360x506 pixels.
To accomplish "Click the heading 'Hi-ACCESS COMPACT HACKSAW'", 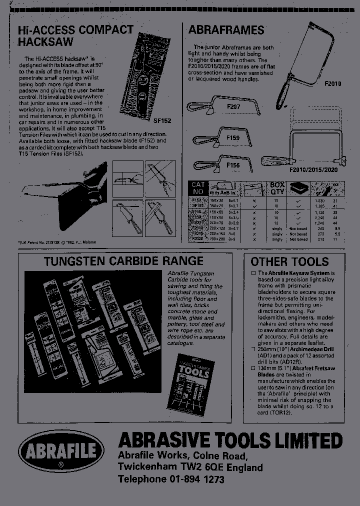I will (x=75, y=36).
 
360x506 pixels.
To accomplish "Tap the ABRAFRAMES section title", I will (x=226, y=30).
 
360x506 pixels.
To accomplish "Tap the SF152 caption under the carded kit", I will (x=162, y=121).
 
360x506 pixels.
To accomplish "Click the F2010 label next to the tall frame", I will (x=332, y=84).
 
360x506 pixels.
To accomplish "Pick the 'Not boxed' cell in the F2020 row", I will (x=298, y=239).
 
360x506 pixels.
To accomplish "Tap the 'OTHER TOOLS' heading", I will (x=289, y=261).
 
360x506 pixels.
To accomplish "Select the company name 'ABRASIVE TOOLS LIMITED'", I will (x=230, y=440).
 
